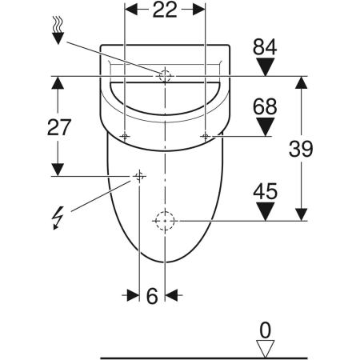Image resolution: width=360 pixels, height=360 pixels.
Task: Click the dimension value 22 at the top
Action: click(x=165, y=10)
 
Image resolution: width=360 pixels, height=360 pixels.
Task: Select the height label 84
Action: click(x=265, y=47)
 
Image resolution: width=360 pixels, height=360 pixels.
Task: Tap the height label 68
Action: click(x=265, y=106)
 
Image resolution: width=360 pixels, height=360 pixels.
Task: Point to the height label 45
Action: click(x=265, y=191)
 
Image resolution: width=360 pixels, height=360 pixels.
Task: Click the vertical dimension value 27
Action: click(x=59, y=127)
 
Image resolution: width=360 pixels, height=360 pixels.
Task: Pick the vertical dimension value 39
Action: click(x=301, y=149)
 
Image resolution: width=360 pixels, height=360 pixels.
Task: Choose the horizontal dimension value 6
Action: click(x=152, y=296)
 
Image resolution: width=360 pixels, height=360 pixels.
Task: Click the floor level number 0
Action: click(x=265, y=330)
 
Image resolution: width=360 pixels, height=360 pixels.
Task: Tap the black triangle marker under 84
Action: click(x=265, y=67)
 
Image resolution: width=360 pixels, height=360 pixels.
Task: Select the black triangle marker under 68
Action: click(x=265, y=127)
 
